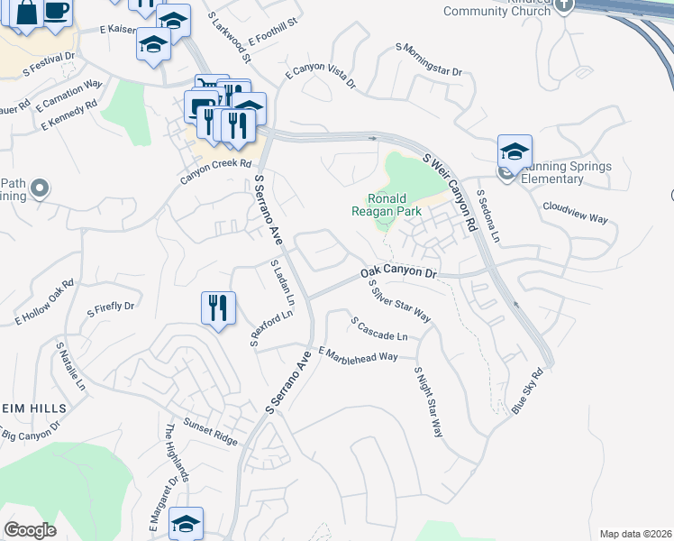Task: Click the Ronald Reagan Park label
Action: [x=387, y=205]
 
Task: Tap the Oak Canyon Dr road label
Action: [x=398, y=271]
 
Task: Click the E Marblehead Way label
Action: [x=358, y=354]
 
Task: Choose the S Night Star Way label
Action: [x=429, y=401]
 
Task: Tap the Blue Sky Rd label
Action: [x=528, y=391]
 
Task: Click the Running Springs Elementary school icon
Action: [x=515, y=151]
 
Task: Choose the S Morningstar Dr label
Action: [x=429, y=60]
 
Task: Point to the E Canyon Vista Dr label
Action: [x=321, y=78]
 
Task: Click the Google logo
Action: [x=31, y=530]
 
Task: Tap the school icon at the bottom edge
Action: [x=186, y=524]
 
